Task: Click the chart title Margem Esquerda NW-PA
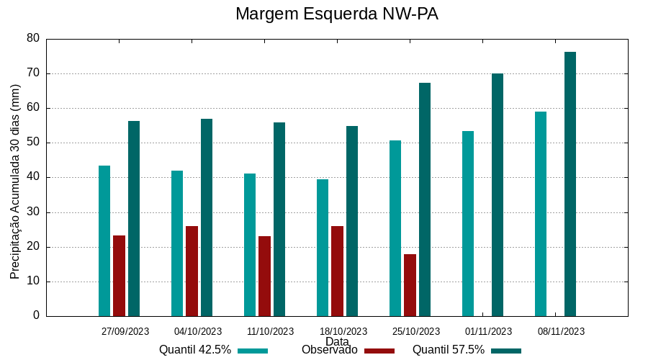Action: click(x=337, y=14)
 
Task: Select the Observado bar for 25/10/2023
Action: click(x=410, y=285)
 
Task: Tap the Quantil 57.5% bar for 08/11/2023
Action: click(x=570, y=184)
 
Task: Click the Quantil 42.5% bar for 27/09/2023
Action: click(x=104, y=241)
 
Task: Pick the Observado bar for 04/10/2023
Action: click(x=192, y=271)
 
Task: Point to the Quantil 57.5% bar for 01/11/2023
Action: click(x=498, y=195)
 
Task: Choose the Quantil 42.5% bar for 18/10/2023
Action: click(x=323, y=248)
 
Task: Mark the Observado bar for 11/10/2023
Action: click(x=264, y=276)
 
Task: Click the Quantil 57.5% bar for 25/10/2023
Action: click(x=425, y=199)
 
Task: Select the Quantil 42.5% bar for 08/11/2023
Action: click(x=541, y=214)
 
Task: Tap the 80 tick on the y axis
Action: click(x=33, y=38)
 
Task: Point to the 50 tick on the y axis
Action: click(x=33, y=143)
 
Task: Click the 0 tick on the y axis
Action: click(x=36, y=316)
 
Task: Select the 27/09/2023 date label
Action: click(x=125, y=331)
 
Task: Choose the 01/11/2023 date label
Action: click(x=488, y=331)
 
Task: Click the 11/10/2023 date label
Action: click(x=270, y=331)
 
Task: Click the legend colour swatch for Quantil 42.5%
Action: click(x=252, y=351)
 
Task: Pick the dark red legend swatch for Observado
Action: click(x=379, y=351)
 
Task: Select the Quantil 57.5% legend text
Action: click(x=448, y=350)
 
